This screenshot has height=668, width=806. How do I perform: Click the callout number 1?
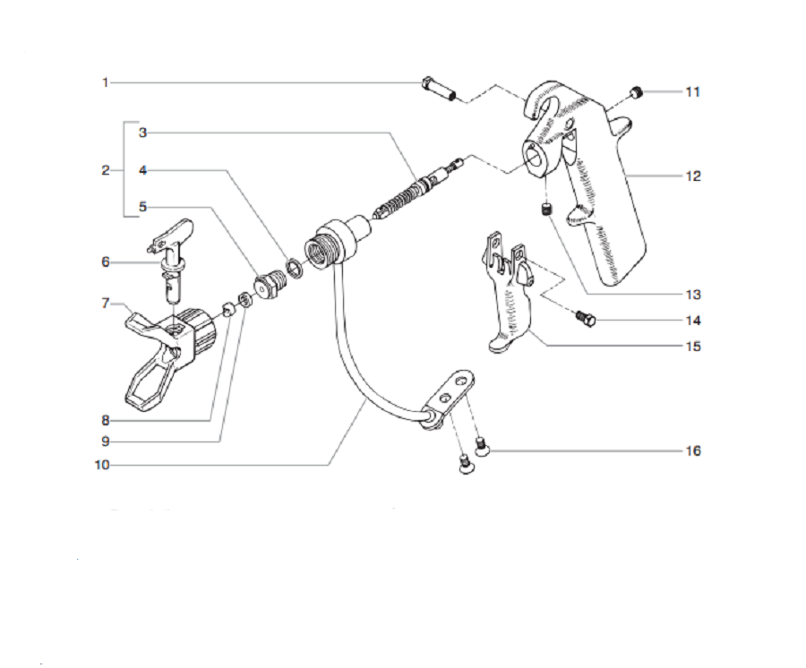[105, 82]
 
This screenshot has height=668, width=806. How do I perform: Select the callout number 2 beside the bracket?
[105, 169]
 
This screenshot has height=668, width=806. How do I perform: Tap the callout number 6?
[105, 261]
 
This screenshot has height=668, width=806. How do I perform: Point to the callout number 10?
[102, 465]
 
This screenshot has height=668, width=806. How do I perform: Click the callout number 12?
[692, 176]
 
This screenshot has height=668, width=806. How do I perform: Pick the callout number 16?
[692, 450]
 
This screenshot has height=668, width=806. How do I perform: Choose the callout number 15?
[692, 346]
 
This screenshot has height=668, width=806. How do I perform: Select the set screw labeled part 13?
[544, 210]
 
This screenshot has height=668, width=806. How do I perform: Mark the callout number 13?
[692, 295]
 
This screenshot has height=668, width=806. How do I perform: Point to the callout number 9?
[105, 441]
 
